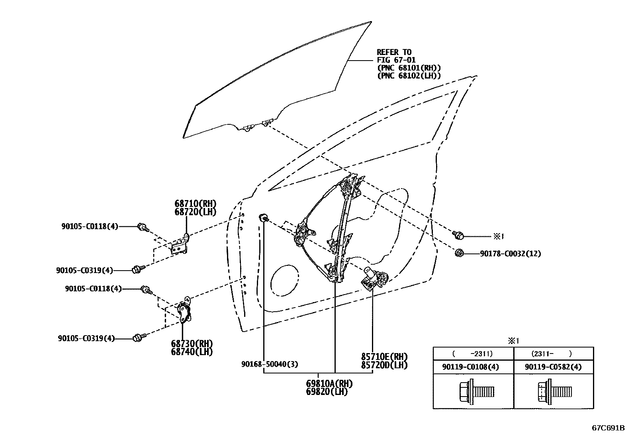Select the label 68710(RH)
[x=195, y=204]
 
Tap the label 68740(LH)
[x=192, y=352]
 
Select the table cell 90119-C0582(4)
[x=553, y=367]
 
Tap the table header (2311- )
[x=553, y=354]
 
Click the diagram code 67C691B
[x=608, y=428]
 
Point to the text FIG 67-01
[x=396, y=60]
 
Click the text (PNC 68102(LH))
[x=409, y=76]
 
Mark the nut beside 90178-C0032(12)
[x=459, y=253]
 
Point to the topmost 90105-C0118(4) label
[x=90, y=226]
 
